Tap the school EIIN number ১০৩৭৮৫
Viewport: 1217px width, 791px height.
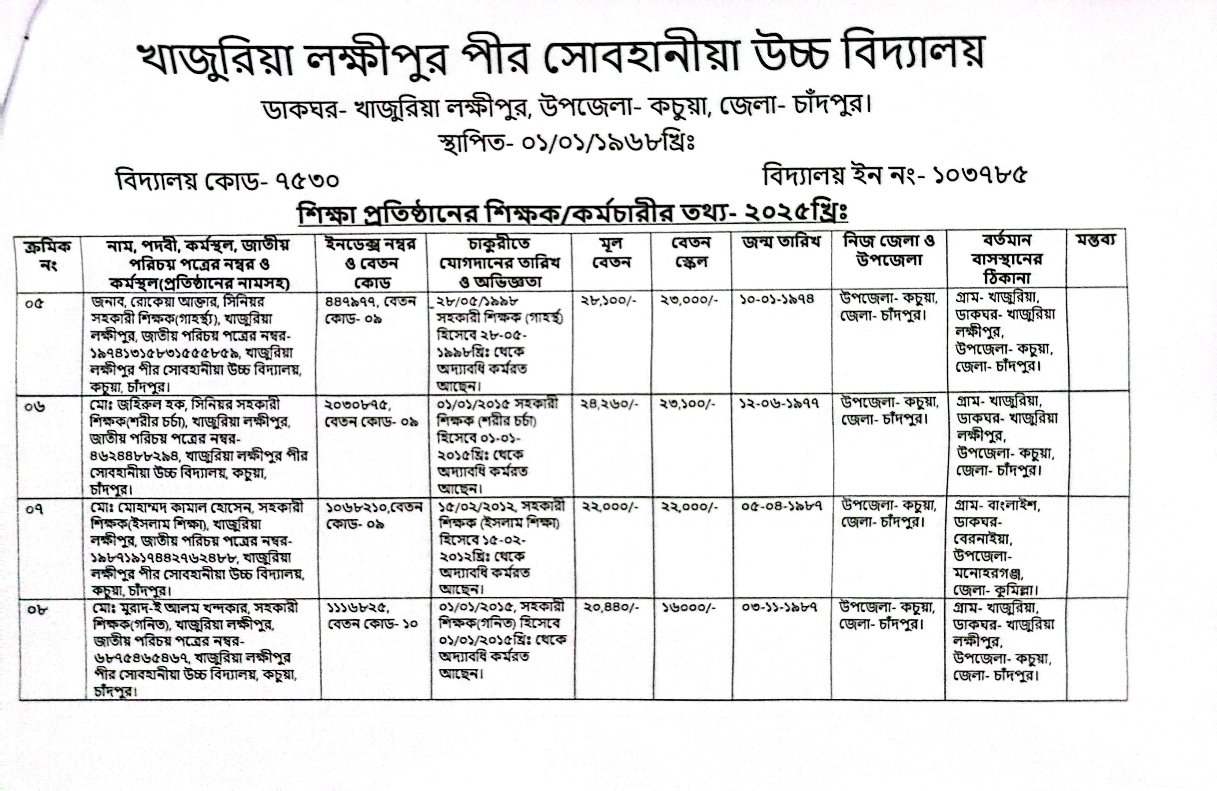tap(979, 175)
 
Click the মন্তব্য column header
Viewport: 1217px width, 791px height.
tap(1095, 240)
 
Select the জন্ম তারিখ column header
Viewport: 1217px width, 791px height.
tap(781, 242)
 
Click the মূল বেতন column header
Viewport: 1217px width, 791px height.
tap(612, 253)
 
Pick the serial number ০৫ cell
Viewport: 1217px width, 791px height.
tap(34, 303)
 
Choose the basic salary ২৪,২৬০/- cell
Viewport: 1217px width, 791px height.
tap(609, 404)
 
